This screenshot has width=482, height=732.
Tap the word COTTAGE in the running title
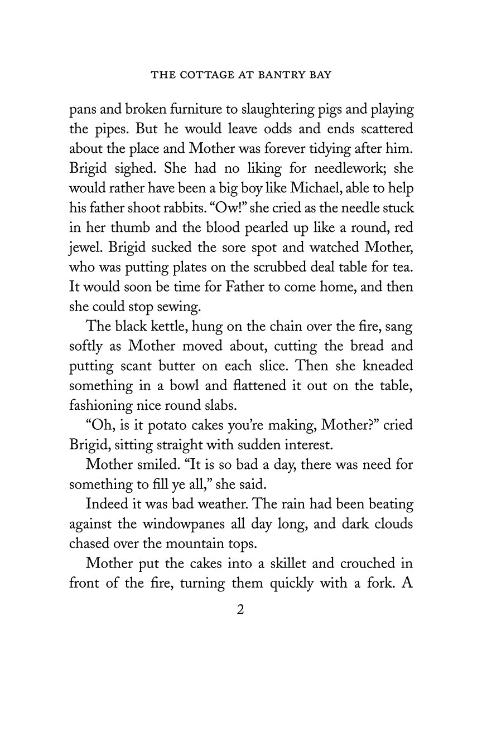(x=203, y=75)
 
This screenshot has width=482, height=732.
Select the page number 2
(x=240, y=609)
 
